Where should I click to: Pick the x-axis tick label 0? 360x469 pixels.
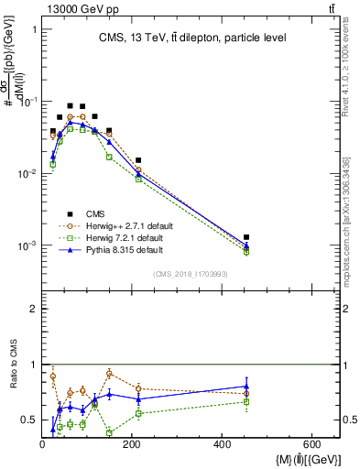(42, 444)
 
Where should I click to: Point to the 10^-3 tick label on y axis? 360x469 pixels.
(29, 245)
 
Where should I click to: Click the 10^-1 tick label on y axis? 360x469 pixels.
(29, 102)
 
